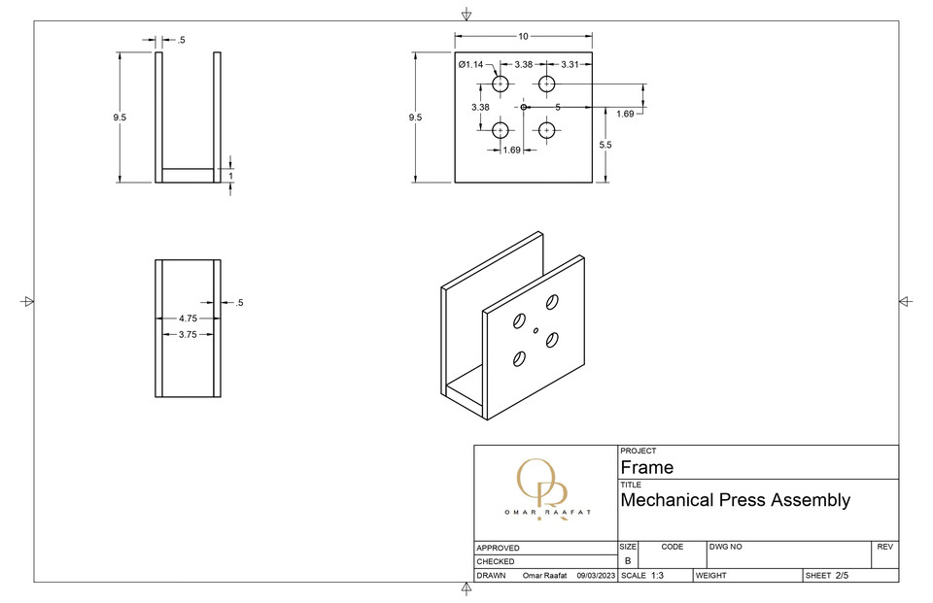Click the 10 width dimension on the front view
(x=523, y=36)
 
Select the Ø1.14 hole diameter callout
(x=470, y=65)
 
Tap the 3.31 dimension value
(x=570, y=65)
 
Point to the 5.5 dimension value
(x=605, y=144)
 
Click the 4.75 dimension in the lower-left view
(x=188, y=318)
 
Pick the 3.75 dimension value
(x=188, y=334)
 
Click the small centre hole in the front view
(x=523, y=107)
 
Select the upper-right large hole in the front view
(x=546, y=84)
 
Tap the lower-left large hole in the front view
(x=501, y=129)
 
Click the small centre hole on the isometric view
(x=536, y=331)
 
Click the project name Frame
(x=646, y=467)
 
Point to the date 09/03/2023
(x=597, y=576)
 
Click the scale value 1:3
(x=657, y=576)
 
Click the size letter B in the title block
(x=627, y=561)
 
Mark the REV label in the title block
(x=884, y=548)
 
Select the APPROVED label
(x=498, y=549)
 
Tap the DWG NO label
(x=726, y=548)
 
